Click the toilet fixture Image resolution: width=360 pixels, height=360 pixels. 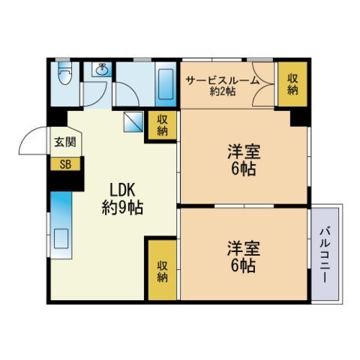64,76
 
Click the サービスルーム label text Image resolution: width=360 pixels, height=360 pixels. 223,80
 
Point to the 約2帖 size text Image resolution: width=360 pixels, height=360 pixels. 222,91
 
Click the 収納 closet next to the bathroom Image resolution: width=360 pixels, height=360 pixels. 163,124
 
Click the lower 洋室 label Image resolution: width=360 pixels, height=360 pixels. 241,248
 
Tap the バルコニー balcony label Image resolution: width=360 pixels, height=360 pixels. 325,254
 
